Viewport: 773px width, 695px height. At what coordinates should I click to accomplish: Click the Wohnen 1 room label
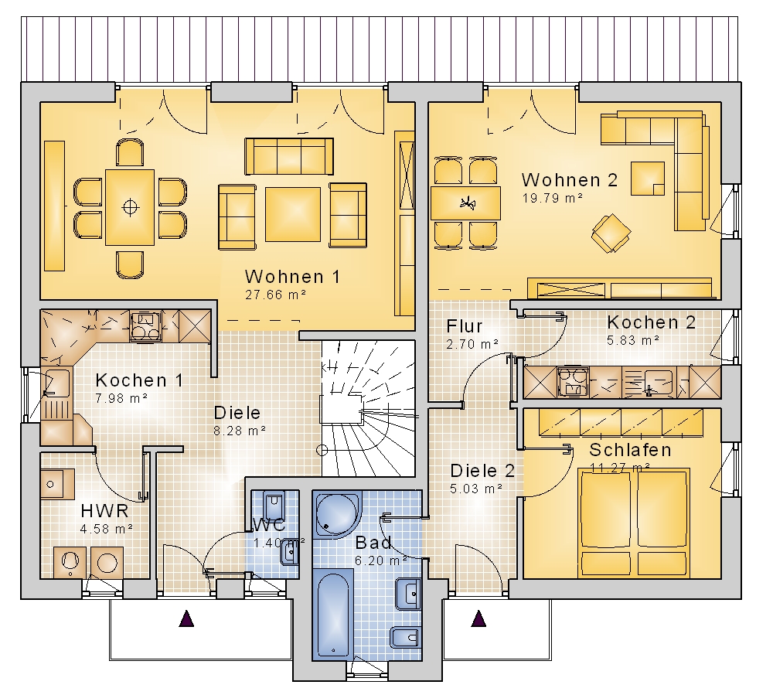click(292, 277)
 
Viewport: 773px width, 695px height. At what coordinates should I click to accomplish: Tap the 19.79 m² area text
click(553, 198)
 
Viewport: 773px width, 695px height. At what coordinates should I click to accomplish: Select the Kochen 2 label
click(651, 322)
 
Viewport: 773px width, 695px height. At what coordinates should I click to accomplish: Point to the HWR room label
click(104, 511)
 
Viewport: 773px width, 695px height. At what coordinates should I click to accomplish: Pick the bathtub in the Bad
click(333, 614)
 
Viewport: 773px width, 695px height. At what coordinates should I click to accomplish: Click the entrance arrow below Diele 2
click(478, 618)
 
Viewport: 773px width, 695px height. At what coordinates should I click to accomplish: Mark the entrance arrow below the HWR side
click(186, 618)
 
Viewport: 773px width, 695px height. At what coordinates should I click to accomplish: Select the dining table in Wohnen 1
click(130, 207)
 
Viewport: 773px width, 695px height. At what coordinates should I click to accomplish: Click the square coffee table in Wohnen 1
click(293, 214)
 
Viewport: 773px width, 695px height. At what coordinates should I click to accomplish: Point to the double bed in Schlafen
click(634, 522)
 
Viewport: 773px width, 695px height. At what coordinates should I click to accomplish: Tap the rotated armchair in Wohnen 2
click(611, 233)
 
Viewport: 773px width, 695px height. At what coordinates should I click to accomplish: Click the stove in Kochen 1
click(145, 325)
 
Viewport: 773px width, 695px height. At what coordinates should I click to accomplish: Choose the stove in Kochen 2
click(573, 382)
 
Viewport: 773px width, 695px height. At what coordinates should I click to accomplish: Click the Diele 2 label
click(482, 471)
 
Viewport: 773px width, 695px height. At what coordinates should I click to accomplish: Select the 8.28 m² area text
click(240, 431)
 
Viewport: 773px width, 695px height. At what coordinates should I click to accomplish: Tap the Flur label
click(465, 325)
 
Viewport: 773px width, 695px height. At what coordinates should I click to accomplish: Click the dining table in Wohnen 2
click(466, 203)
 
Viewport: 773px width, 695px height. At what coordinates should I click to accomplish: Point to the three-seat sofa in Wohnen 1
click(289, 156)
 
